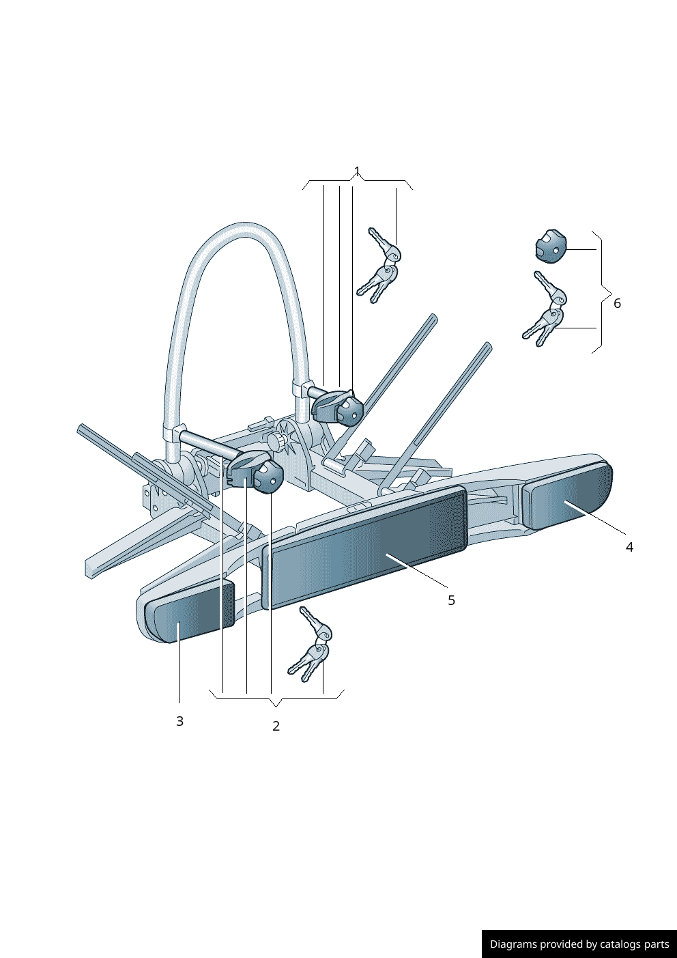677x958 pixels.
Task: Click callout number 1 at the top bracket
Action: (358, 171)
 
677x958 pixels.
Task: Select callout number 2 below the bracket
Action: (276, 726)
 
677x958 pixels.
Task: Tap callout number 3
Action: (180, 721)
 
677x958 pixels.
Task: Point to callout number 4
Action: (629, 547)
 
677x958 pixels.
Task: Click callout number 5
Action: (451, 600)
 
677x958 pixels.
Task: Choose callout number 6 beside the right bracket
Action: (617, 303)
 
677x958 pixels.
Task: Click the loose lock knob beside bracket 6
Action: (551, 246)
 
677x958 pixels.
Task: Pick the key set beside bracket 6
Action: (544, 309)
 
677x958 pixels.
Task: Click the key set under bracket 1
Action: (379, 265)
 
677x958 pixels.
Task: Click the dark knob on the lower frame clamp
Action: (270, 477)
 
